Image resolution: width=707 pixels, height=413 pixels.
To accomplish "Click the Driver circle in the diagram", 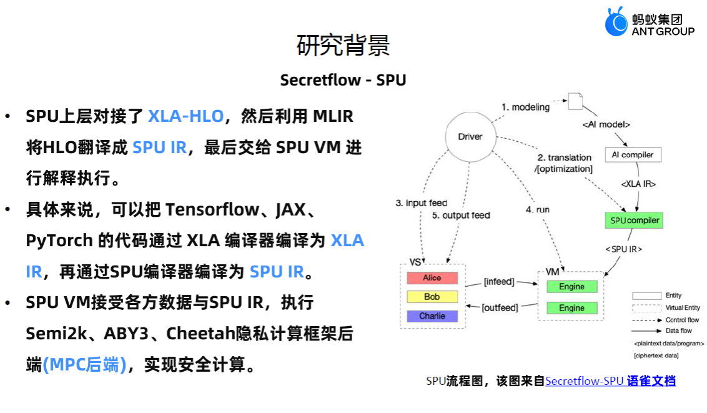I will [x=470, y=137].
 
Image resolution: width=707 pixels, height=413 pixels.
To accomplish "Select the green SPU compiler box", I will [x=634, y=221].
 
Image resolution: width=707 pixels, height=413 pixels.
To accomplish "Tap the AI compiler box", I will [x=633, y=154].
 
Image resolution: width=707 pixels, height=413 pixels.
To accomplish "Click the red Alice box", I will [x=432, y=278].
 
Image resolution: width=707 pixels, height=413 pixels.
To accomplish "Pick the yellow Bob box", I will [x=432, y=297].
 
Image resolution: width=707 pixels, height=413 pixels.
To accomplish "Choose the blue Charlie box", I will [x=432, y=316].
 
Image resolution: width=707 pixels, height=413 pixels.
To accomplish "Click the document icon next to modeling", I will [x=575, y=102].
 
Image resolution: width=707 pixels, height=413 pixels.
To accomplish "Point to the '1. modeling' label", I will [x=525, y=107].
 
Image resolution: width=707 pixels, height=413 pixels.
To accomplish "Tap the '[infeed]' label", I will [x=499, y=282].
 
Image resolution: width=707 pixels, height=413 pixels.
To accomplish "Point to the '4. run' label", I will [x=538, y=210].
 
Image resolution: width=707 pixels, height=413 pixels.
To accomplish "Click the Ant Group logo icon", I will [x=616, y=22].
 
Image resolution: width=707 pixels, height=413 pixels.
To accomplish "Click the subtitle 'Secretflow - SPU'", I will [x=343, y=80].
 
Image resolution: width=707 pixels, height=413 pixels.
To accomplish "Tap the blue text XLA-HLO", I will [x=185, y=116].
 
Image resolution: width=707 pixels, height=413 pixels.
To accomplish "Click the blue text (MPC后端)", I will [x=84, y=365].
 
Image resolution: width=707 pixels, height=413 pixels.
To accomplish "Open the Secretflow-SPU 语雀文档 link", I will [x=610, y=381].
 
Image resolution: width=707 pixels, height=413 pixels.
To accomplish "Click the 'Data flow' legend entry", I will [x=682, y=331].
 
